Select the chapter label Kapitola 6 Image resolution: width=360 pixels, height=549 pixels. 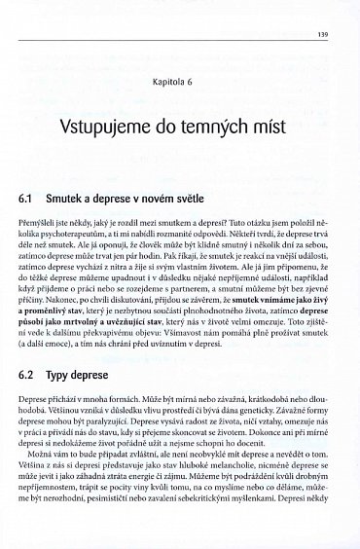(x=180, y=84)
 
